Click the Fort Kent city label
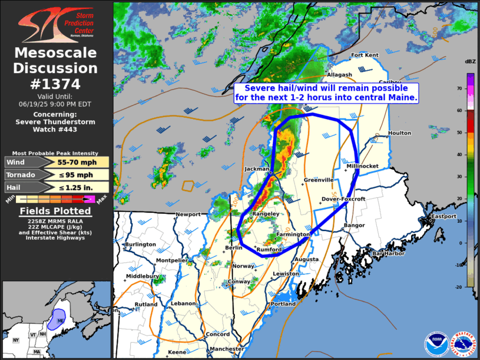[x=365, y=55]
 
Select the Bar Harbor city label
[x=386, y=253]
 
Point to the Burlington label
[x=140, y=244]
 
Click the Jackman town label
[x=257, y=169]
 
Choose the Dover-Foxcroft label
[x=344, y=199]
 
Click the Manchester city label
[x=227, y=349]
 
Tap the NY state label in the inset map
[x=15, y=340]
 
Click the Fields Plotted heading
[x=56, y=211]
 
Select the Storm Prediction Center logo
[x=56, y=24]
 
